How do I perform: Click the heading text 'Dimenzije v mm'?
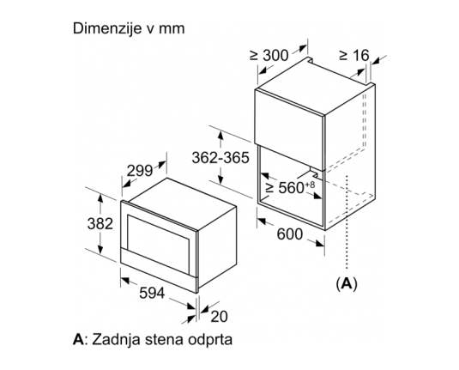129,28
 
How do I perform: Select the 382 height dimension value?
100,224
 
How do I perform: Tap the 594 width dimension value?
152,293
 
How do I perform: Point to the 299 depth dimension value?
140,171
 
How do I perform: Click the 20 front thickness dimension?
219,317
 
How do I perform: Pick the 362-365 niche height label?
220,158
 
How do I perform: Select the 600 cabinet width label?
289,234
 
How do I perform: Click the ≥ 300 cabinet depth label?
269,55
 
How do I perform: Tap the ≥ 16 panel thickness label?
354,55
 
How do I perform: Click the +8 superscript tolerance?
311,185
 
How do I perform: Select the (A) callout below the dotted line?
347,283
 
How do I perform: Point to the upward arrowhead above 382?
100,197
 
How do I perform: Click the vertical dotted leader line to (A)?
347,222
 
